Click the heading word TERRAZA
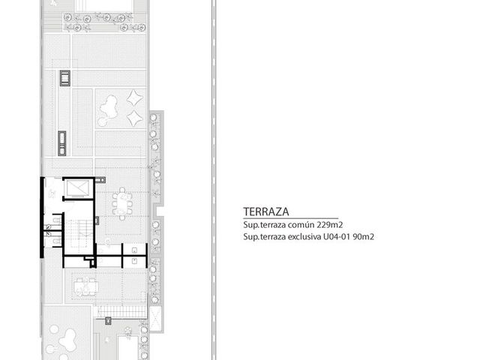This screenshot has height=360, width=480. [266, 211]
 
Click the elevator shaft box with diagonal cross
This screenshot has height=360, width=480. [78, 187]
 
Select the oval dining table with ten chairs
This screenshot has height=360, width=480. [122, 203]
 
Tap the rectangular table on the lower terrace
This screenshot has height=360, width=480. [86, 286]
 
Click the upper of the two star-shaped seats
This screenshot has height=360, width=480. [135, 98]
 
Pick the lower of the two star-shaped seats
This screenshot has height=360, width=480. [135, 118]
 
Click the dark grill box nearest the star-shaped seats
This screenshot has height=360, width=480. [65, 78]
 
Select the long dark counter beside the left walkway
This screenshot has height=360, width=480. [62, 143]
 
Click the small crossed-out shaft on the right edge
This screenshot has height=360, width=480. [155, 318]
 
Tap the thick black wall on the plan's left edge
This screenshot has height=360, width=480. [42, 217]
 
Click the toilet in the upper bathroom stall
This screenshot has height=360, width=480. [57, 220]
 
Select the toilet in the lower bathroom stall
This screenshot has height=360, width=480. [57, 241]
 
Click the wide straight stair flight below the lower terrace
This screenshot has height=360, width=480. [122, 313]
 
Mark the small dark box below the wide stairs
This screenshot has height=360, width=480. [108, 321]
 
